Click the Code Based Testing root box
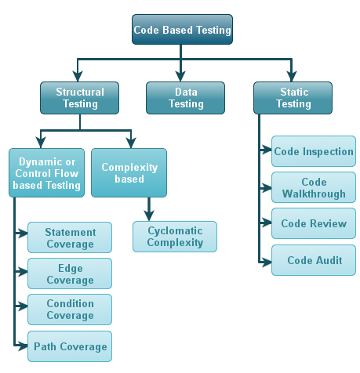(x=182, y=29)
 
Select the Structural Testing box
(x=79, y=98)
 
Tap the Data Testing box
(x=185, y=98)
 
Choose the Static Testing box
(x=293, y=98)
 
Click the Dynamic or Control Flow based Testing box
(x=46, y=173)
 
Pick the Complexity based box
(x=129, y=173)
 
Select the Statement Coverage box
(x=70, y=237)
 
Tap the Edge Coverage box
(x=70, y=273)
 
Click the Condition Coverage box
(x=70, y=310)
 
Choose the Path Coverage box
(x=70, y=346)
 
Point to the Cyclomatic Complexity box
(x=175, y=237)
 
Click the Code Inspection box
(x=314, y=151)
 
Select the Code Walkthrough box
(x=314, y=187)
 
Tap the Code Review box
(x=314, y=223)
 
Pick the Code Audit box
(x=314, y=260)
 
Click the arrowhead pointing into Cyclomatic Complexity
(x=149, y=215)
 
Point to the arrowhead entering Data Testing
(x=180, y=76)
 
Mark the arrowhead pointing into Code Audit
(x=267, y=263)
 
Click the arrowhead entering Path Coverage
(x=23, y=346)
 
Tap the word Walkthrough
(x=314, y=194)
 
